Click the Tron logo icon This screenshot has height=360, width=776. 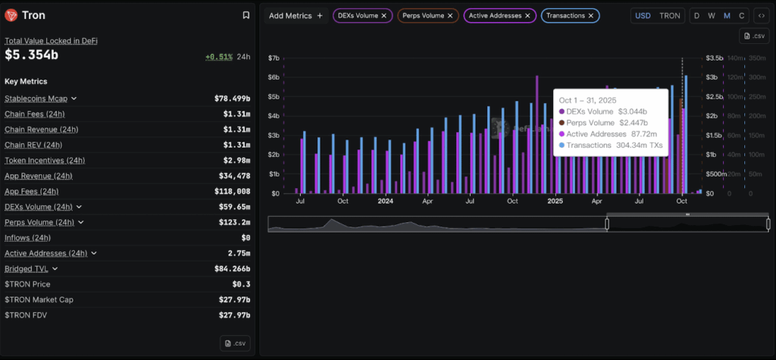(11, 15)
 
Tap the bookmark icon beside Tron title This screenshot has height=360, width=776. (246, 15)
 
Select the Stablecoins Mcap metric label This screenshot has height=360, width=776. (36, 99)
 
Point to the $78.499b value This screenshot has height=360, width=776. (232, 99)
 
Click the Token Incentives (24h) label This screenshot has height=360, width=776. (45, 160)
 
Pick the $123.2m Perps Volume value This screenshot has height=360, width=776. (233, 222)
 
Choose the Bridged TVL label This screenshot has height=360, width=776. (27, 268)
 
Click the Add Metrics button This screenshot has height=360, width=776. (296, 15)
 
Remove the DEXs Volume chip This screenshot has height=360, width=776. (384, 15)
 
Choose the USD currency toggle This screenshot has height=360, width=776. (643, 15)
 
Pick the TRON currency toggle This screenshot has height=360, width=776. (669, 15)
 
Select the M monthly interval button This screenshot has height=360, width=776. (727, 15)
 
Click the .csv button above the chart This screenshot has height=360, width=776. (755, 36)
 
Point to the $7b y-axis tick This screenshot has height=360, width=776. (274, 58)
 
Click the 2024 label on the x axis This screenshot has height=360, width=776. (385, 202)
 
